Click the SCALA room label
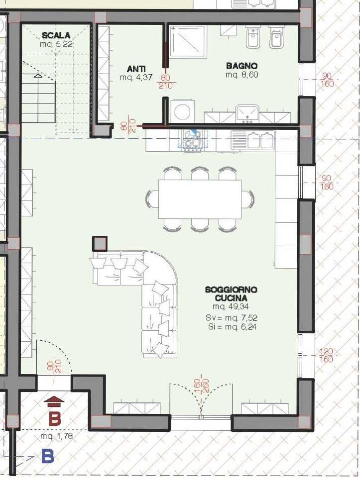point(56,35)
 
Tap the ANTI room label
point(136,69)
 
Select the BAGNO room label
point(241,66)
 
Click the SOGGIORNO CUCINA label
point(231,294)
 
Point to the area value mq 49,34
point(231,306)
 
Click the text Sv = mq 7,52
point(232,318)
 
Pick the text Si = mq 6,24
point(232,327)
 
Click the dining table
point(200,199)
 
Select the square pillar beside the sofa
point(100,244)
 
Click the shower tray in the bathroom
point(188,42)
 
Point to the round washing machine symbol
point(183,111)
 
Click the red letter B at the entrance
point(55,419)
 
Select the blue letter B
point(48,456)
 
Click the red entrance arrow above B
point(54,401)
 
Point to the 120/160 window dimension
point(327,355)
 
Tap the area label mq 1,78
point(57,437)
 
